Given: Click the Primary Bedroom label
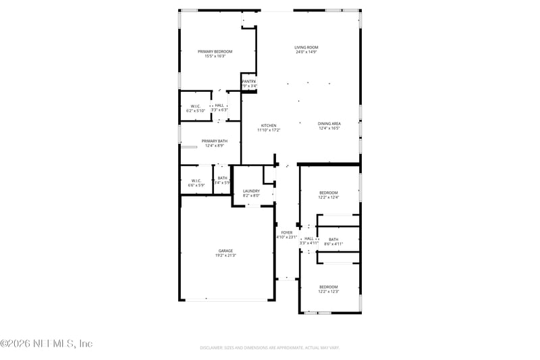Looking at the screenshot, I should point(215,51).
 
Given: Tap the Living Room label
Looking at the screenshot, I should point(306,47).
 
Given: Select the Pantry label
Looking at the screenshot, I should point(248,81).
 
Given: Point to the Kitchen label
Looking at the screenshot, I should point(269,125).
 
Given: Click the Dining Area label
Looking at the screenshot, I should point(329,124).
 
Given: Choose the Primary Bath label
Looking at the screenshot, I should point(214,140).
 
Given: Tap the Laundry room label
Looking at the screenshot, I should point(251,191).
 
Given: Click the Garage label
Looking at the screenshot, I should point(225,251).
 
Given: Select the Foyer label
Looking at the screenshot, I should point(287,232).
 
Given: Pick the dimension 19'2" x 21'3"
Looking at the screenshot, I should point(225,255).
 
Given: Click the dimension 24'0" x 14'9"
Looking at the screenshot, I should point(306,52).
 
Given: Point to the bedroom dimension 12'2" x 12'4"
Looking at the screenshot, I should point(328,197).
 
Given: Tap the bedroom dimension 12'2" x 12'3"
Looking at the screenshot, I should point(328,291).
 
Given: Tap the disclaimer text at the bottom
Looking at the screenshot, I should point(269,348).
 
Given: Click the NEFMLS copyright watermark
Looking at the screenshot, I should point(47,344).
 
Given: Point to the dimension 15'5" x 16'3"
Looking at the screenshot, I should point(215,56).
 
